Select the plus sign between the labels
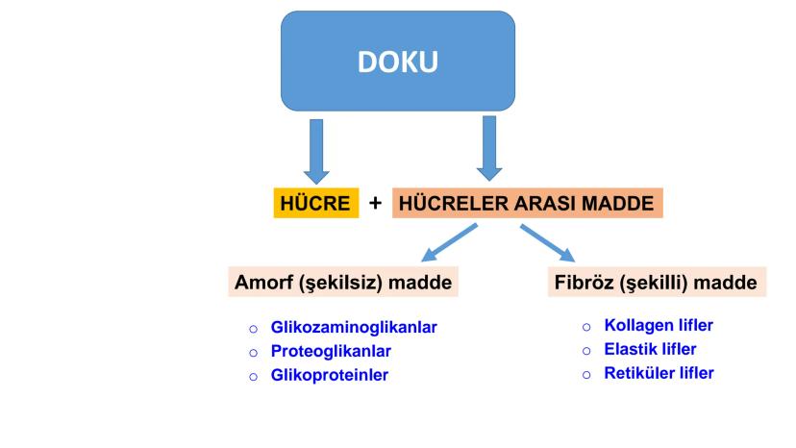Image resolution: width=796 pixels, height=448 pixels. [376, 204]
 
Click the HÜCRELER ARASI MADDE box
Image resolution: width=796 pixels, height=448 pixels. [528, 203]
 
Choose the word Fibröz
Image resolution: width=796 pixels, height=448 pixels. [584, 284]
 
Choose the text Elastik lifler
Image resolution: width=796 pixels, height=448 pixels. [650, 349]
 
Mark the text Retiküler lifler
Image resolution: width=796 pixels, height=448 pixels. [659, 373]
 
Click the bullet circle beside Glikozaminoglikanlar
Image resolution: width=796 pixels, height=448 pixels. [252, 329]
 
